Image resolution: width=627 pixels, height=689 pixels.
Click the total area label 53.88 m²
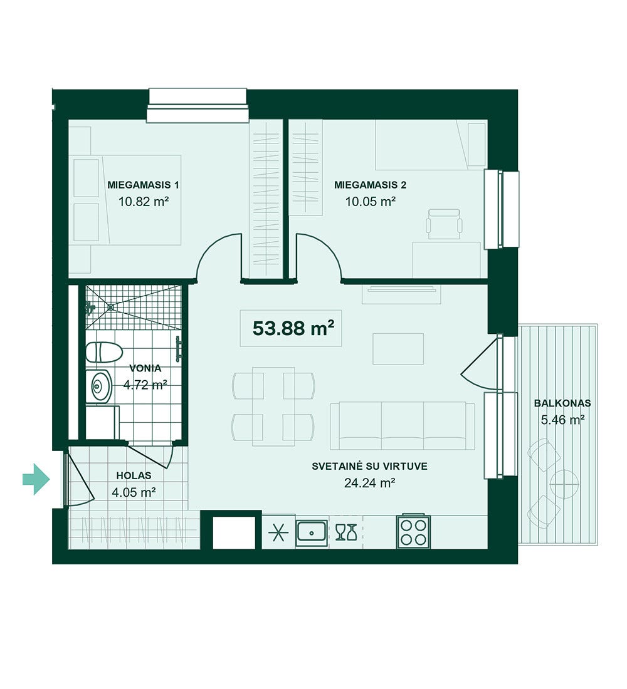pyautogui.click(x=293, y=328)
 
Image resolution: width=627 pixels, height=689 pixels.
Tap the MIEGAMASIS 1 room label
pyautogui.click(x=144, y=185)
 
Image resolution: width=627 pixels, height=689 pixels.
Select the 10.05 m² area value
pyautogui.click(x=371, y=202)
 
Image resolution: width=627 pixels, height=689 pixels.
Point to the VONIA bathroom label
pyautogui.click(x=145, y=368)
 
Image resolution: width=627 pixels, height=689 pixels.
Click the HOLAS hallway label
pyautogui.click(x=134, y=475)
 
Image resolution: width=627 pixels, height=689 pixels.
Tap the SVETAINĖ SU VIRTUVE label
pyautogui.click(x=369, y=466)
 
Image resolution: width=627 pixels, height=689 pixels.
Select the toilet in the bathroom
pyautogui.click(x=103, y=353)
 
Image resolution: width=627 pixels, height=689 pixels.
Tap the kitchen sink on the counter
pyautogui.click(x=312, y=532)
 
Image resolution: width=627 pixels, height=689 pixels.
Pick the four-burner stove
pyautogui.click(x=414, y=532)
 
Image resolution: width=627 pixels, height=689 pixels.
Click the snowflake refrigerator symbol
pyautogui.click(x=278, y=532)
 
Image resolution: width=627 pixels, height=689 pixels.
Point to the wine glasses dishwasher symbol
pyautogui.click(x=345, y=532)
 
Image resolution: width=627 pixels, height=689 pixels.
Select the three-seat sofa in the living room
pyautogui.click(x=402, y=425)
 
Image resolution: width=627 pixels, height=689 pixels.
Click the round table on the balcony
pyautogui.click(x=564, y=484)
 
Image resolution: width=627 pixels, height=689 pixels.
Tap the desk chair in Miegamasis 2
pyautogui.click(x=444, y=224)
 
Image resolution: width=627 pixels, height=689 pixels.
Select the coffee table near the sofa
pyautogui.click(x=398, y=349)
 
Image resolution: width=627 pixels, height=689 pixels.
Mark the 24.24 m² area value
pyautogui.click(x=369, y=483)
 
